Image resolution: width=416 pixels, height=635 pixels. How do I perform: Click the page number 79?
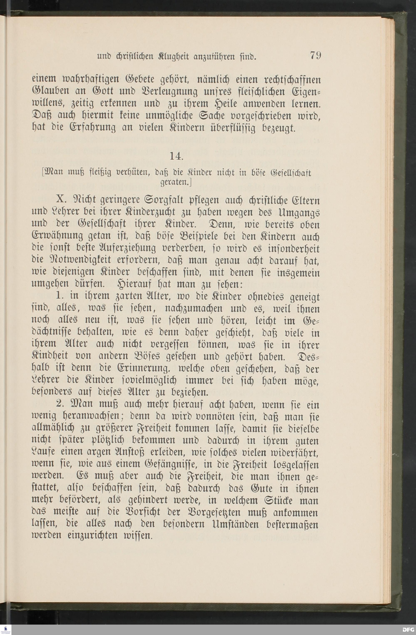(x=315, y=56)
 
